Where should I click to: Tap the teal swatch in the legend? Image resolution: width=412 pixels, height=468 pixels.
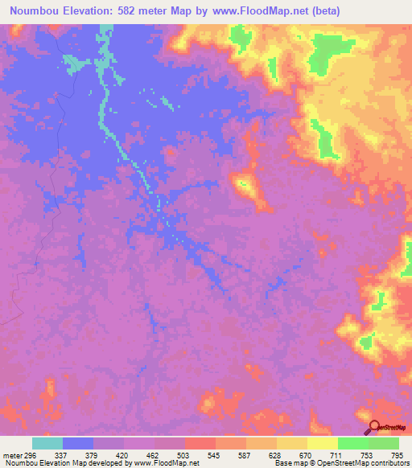47,444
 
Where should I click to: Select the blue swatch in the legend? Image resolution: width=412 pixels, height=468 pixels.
78,444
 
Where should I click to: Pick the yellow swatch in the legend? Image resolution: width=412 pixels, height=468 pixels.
323,444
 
